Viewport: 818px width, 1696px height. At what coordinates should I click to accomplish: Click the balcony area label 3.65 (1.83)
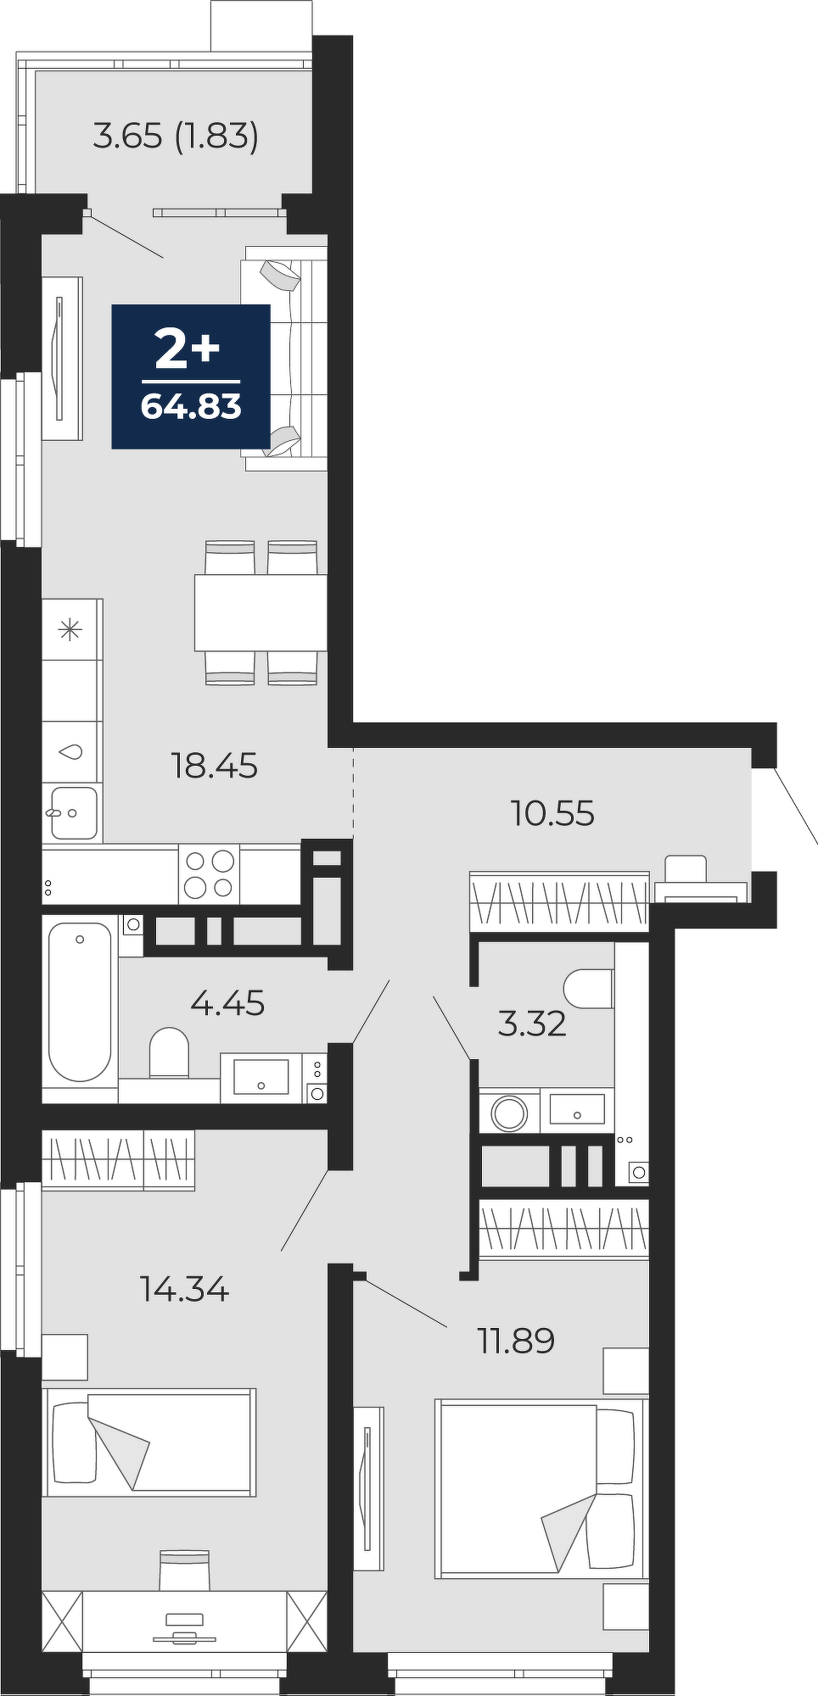coord(175,136)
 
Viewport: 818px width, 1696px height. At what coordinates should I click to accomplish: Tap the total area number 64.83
coord(191,407)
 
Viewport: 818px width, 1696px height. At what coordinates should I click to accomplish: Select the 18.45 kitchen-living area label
coord(214,766)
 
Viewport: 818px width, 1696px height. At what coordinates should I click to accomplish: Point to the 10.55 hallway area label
coord(552,813)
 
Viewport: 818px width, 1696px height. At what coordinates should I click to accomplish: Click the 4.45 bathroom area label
coord(227,1003)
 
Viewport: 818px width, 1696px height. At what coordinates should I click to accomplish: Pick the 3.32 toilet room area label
coord(532,1024)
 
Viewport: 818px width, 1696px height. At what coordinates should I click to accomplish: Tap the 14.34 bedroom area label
coord(185,1290)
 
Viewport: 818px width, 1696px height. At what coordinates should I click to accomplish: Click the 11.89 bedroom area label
coord(516,1341)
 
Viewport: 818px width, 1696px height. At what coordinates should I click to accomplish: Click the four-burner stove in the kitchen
coord(209,873)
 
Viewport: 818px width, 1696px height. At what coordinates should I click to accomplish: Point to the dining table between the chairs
coord(261,612)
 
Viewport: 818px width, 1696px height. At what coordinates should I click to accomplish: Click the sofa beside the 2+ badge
coord(284,358)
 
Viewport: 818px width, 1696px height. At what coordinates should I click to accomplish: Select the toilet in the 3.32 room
coord(589,988)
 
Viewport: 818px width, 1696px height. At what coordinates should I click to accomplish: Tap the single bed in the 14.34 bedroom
coord(149,1442)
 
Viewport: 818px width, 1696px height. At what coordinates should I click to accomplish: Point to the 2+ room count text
coord(187,349)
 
